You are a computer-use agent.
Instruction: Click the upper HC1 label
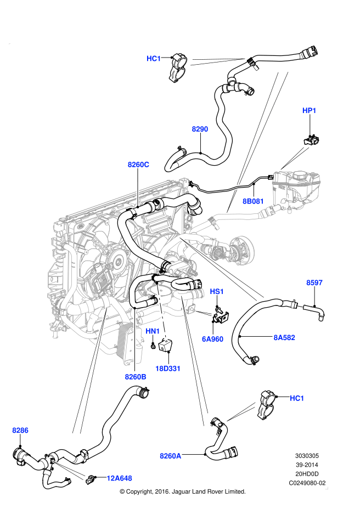click(x=154, y=58)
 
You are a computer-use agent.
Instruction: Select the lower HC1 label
click(x=296, y=398)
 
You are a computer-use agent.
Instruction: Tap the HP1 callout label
click(x=310, y=111)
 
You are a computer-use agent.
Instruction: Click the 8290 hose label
click(x=200, y=129)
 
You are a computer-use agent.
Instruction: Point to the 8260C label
click(x=138, y=164)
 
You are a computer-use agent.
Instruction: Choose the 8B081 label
click(x=253, y=201)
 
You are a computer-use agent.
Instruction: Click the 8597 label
click(x=314, y=283)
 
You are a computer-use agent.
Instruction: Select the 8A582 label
click(x=284, y=338)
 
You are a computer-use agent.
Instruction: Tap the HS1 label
click(x=217, y=292)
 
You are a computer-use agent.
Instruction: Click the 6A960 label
click(x=212, y=339)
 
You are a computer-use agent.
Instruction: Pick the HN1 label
click(x=153, y=331)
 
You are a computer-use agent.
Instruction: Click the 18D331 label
click(x=168, y=369)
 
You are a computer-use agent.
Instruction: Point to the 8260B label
click(x=135, y=377)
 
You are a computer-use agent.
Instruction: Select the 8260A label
click(x=171, y=455)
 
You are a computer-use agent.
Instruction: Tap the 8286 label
click(x=20, y=431)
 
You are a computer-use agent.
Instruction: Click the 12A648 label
click(x=119, y=478)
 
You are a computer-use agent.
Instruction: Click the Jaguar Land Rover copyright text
click(x=182, y=491)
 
